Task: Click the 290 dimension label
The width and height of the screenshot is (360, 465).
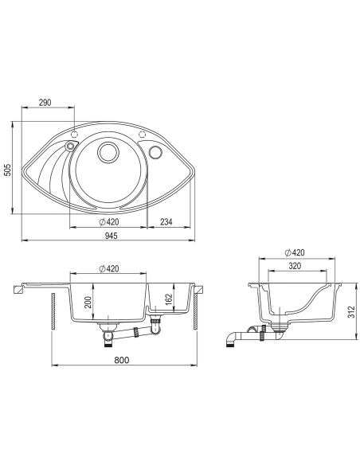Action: click(x=45, y=102)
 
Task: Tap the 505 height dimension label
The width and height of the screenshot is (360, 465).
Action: click(x=8, y=170)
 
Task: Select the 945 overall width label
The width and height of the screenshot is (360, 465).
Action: click(x=112, y=236)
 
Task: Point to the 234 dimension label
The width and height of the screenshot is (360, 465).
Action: click(x=166, y=221)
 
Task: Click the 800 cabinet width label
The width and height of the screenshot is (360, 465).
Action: click(x=122, y=360)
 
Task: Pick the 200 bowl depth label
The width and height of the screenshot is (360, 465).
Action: click(x=88, y=303)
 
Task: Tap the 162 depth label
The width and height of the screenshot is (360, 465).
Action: click(x=168, y=299)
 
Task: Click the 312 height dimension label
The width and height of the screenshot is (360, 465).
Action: click(x=351, y=312)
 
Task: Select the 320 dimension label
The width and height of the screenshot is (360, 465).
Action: click(x=295, y=266)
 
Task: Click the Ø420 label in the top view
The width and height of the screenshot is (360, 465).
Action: click(x=109, y=221)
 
